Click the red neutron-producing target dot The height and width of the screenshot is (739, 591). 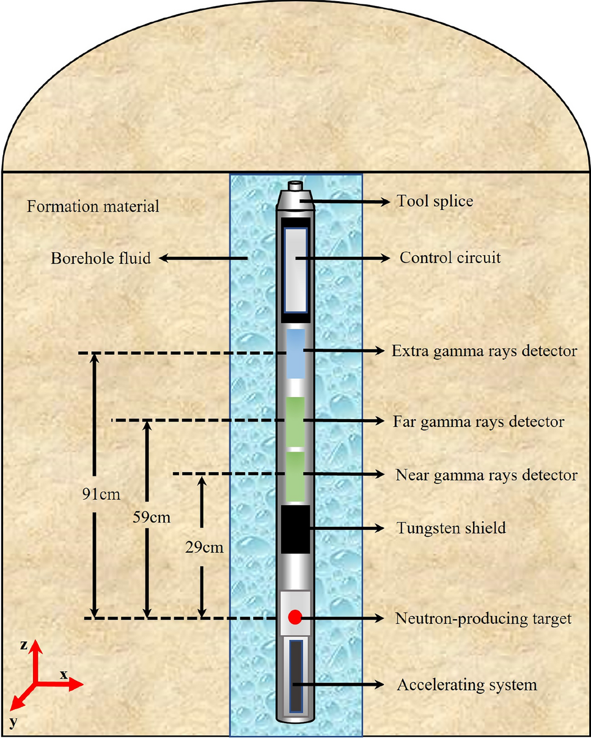pyautogui.click(x=295, y=617)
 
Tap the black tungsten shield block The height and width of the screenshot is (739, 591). pyautogui.click(x=296, y=530)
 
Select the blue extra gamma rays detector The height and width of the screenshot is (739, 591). pyautogui.click(x=296, y=354)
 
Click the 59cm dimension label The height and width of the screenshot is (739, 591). pyautogui.click(x=152, y=517)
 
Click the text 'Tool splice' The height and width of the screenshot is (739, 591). pyautogui.click(x=435, y=201)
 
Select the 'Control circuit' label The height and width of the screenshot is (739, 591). pyautogui.click(x=449, y=258)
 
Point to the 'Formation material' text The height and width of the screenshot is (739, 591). pyautogui.click(x=93, y=206)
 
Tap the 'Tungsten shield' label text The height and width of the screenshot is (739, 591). pyautogui.click(x=451, y=527)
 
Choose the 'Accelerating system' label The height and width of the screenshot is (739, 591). pyautogui.click(x=467, y=685)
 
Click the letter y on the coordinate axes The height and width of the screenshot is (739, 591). pyautogui.click(x=13, y=723)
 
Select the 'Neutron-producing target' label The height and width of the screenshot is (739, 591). pyautogui.click(x=483, y=618)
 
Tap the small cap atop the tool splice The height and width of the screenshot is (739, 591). pyautogui.click(x=296, y=185)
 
